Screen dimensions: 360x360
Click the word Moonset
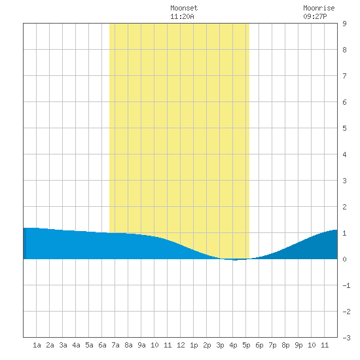184,8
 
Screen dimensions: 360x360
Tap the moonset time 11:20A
182,16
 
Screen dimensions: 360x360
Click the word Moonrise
319,8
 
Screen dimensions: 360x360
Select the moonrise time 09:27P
315,16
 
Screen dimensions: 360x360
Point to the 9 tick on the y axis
344,24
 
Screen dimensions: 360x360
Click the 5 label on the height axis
344,128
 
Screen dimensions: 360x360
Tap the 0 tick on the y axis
344,259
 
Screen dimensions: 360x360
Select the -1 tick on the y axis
346,285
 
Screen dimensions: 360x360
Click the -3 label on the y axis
346,338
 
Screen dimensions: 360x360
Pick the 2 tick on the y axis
344,207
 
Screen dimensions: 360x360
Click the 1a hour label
37,345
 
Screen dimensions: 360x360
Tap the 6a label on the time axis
102,345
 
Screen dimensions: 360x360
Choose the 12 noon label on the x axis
181,345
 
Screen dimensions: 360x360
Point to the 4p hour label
233,345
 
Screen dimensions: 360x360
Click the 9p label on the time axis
298,345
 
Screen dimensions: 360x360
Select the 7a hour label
115,345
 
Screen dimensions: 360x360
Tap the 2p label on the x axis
207,345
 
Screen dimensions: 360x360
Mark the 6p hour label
259,345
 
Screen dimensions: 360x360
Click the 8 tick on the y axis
344,50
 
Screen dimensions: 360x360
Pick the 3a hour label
63,345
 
